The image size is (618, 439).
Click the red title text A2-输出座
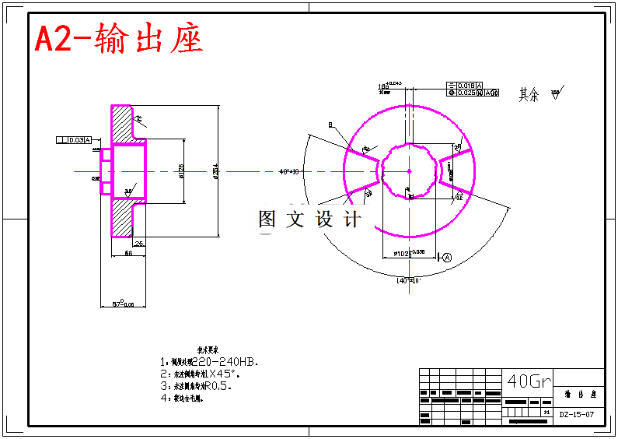(x=119, y=39)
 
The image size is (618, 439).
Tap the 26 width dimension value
(x=138, y=244)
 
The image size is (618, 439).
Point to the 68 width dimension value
(x=128, y=253)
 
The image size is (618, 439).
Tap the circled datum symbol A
(x=447, y=258)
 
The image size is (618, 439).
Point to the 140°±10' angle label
(x=408, y=280)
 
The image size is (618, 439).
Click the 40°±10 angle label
(x=289, y=171)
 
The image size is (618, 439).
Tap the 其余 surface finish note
(x=529, y=95)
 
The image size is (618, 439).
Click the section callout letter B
(x=330, y=125)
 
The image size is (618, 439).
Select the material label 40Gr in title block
(x=529, y=381)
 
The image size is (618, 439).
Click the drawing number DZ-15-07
(x=577, y=415)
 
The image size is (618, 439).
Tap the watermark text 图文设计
(x=309, y=219)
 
